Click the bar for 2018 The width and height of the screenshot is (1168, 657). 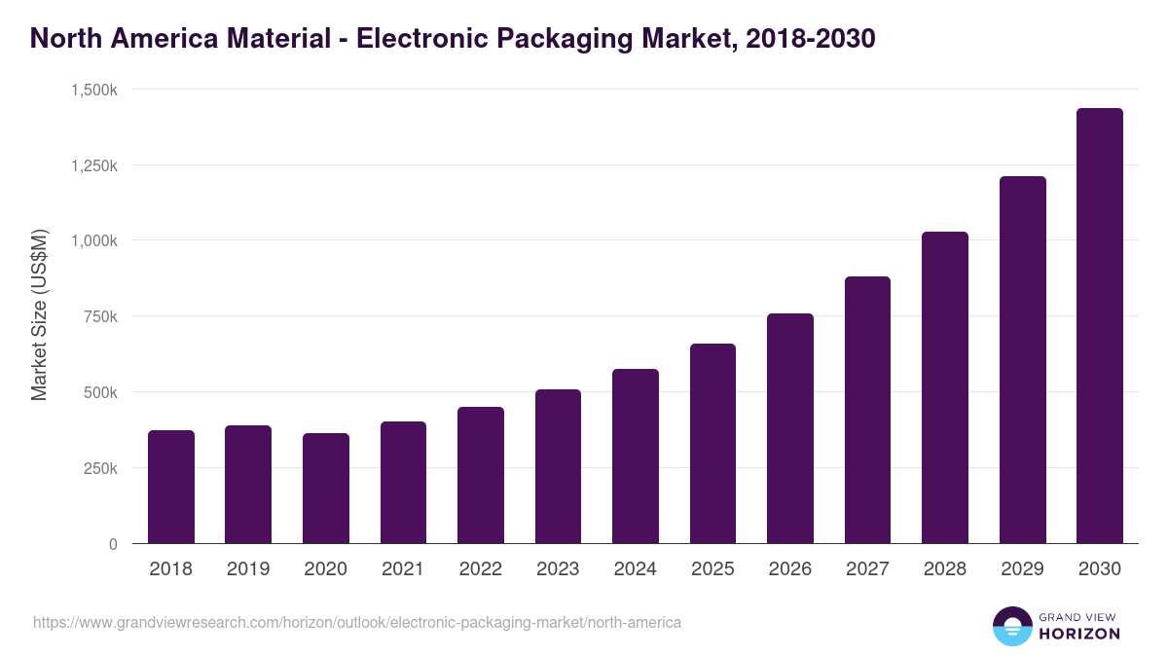click(x=171, y=487)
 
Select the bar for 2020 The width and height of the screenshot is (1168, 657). click(x=326, y=489)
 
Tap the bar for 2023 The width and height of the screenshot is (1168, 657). click(x=558, y=467)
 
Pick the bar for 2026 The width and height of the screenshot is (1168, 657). click(x=790, y=428)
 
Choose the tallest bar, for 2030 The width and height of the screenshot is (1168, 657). click(x=1100, y=326)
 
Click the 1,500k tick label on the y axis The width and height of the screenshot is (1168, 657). click(x=94, y=90)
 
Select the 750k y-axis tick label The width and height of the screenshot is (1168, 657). click(x=100, y=316)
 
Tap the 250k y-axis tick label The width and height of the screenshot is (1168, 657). click(x=100, y=468)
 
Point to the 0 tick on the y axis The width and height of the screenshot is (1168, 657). click(x=113, y=544)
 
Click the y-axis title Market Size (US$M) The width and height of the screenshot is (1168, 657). click(x=39, y=316)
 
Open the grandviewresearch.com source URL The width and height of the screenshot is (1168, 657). click(x=357, y=622)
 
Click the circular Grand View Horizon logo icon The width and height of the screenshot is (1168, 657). click(x=1011, y=626)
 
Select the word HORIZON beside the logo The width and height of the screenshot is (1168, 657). click(x=1078, y=634)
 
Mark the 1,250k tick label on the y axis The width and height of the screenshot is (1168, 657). click(x=94, y=165)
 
